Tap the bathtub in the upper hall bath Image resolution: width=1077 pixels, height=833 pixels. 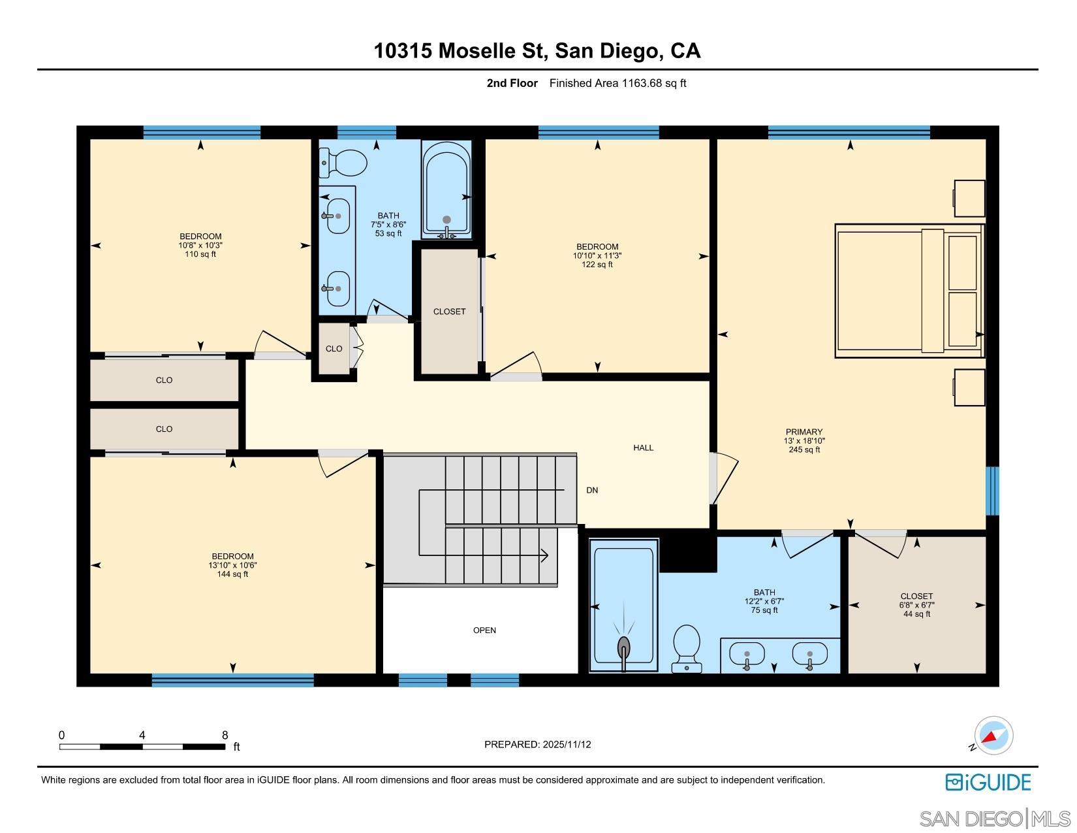pos(446,189)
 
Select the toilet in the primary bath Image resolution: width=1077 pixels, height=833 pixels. pos(687,647)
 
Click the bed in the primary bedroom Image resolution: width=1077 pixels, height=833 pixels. pos(909,291)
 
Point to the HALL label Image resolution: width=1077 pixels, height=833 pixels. pos(643,448)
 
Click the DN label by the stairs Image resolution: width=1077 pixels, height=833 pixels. pos(592,491)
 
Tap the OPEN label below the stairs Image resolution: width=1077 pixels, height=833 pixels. pos(484,630)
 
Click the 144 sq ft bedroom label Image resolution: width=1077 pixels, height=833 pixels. pos(232,565)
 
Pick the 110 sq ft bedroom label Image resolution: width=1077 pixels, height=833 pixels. pos(200,245)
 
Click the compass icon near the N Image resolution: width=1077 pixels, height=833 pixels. pos(993,736)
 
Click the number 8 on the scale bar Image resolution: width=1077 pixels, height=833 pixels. pos(225,735)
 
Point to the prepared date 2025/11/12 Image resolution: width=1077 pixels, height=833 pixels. pos(537,744)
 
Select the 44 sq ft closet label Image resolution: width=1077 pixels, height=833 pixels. pos(916,605)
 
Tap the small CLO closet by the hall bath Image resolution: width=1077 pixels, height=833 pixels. pos(334,349)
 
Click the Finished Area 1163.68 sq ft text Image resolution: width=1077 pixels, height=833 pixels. pos(617,83)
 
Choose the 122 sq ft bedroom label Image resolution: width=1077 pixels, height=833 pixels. pos(597,255)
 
